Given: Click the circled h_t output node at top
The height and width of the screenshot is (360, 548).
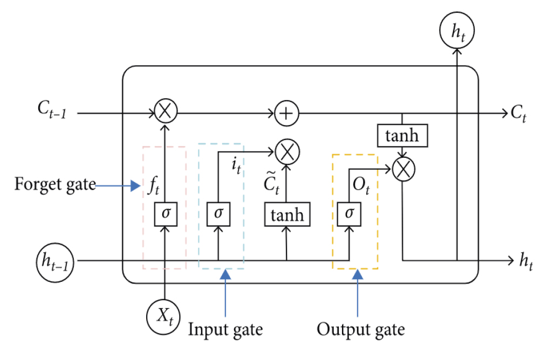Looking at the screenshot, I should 457,30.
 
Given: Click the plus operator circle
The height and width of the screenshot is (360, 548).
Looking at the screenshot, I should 286,113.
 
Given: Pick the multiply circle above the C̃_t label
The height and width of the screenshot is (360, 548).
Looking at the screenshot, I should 286,152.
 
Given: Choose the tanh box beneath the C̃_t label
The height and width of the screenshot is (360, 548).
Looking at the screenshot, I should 286,216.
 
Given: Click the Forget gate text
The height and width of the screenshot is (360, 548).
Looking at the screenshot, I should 55,185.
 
